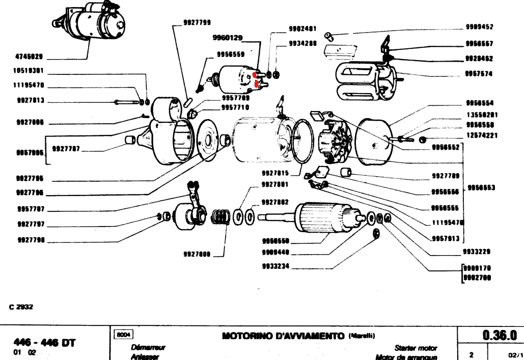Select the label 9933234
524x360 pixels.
(275, 266)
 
